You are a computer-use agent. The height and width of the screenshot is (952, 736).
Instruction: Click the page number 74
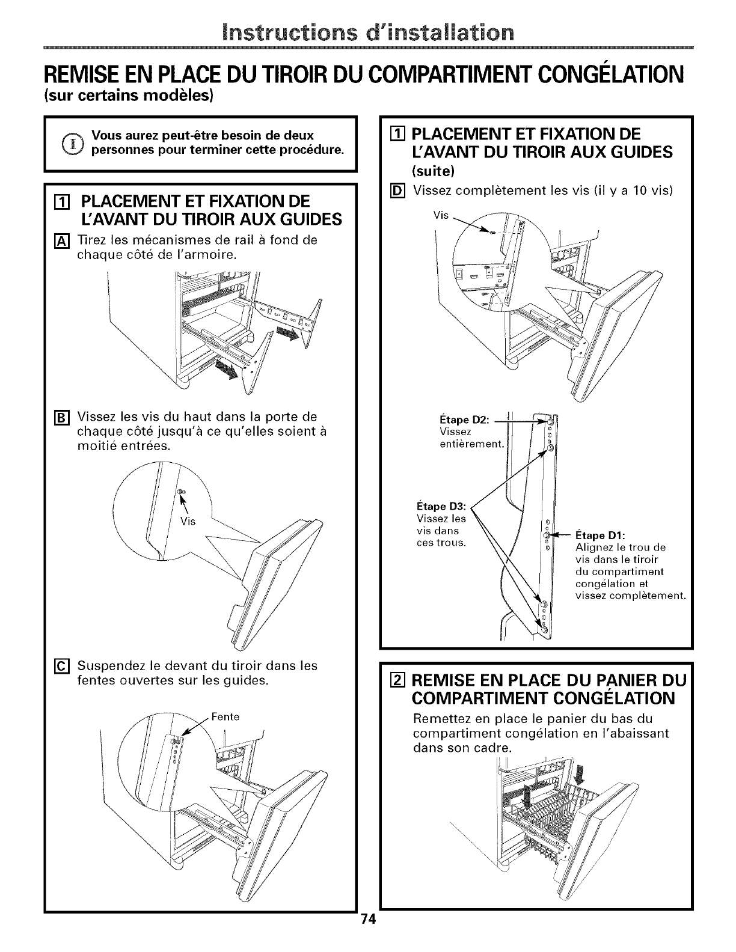(367, 937)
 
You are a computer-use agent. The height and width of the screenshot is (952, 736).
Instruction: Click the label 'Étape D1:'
(600, 535)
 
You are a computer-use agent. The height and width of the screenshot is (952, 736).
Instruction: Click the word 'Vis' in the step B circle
(188, 520)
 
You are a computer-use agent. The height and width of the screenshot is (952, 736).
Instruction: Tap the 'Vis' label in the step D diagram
(441, 216)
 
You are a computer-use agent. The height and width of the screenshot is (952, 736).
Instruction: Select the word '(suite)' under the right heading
(433, 171)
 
